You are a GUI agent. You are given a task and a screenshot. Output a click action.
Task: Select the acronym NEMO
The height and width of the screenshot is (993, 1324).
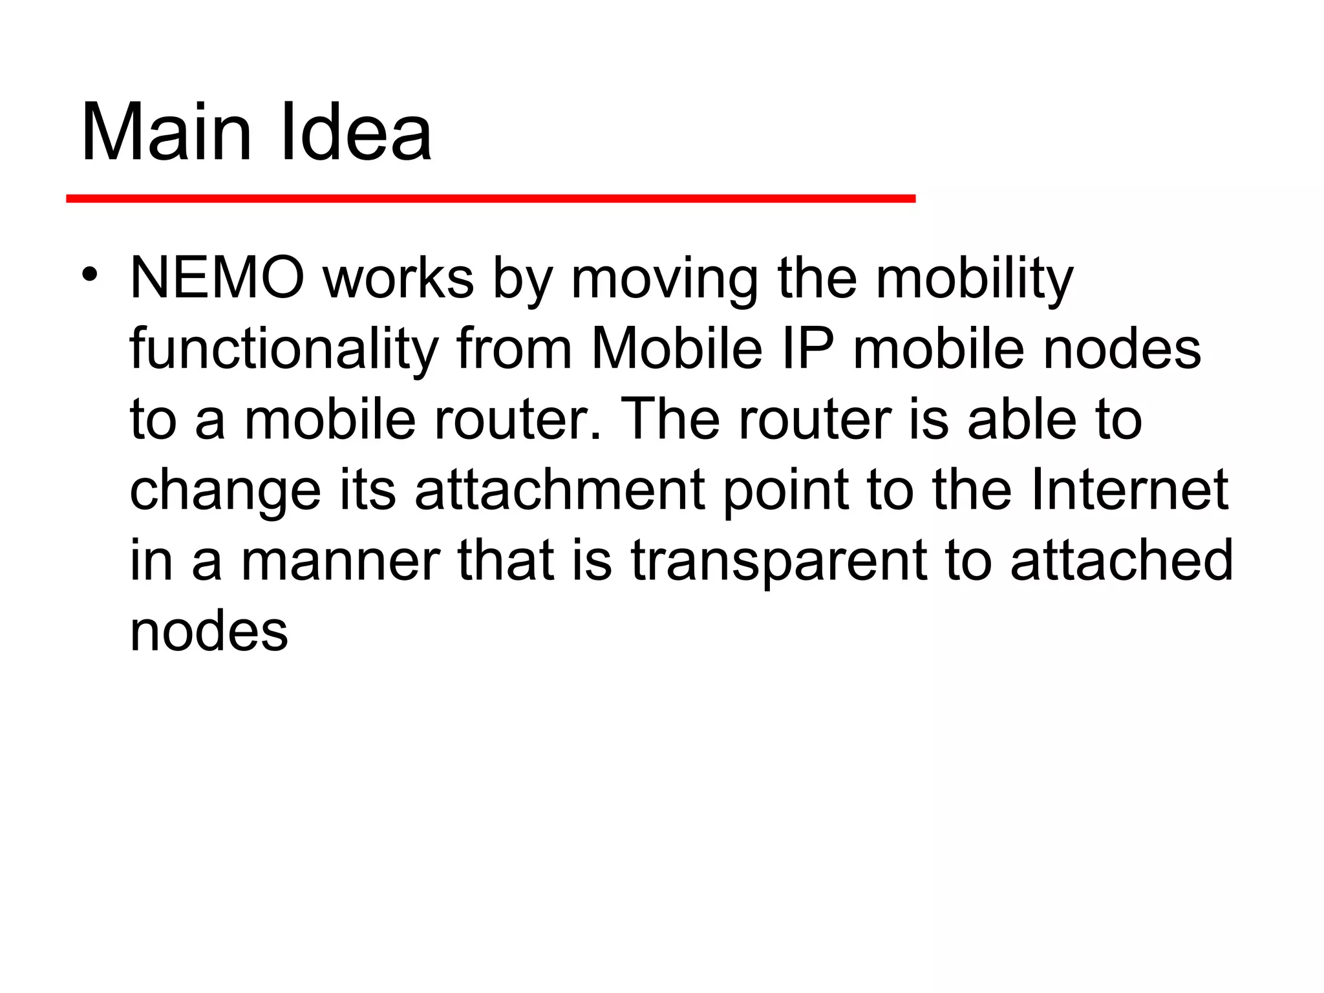(217, 279)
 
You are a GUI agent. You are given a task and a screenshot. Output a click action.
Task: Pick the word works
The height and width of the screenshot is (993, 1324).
(399, 279)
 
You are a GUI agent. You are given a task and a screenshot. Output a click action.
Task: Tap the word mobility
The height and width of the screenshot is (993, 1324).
(974, 279)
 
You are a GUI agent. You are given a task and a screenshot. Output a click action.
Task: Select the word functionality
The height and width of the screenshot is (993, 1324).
(284, 349)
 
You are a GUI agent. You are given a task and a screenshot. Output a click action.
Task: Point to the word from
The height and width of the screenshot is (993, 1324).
(514, 349)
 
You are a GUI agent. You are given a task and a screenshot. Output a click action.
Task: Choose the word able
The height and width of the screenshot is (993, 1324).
(1021, 420)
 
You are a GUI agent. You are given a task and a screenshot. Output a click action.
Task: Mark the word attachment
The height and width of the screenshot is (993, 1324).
(560, 490)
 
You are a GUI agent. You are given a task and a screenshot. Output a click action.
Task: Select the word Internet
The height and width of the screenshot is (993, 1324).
(1129, 490)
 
